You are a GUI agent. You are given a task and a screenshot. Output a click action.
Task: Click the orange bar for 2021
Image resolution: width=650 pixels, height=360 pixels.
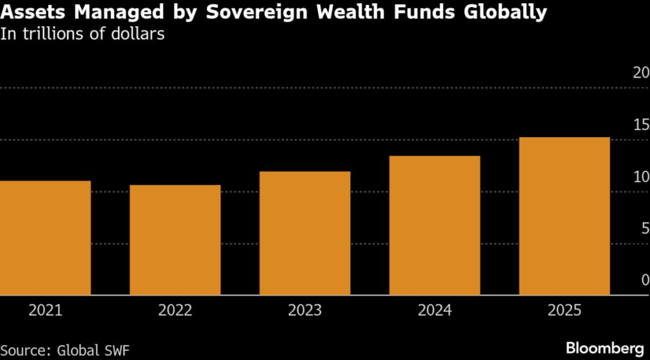click(x=45, y=238)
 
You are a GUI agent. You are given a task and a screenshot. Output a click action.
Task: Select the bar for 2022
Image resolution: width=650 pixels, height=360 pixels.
click(x=175, y=240)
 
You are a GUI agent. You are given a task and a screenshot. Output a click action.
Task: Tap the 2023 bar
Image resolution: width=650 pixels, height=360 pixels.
click(x=305, y=233)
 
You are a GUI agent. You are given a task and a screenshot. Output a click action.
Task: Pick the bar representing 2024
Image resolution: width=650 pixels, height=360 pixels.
click(x=435, y=225)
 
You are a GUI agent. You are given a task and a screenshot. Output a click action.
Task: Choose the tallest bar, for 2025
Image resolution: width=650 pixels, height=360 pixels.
click(x=564, y=216)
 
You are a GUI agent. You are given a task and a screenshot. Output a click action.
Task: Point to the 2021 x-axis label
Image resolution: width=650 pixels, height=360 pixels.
click(x=45, y=310)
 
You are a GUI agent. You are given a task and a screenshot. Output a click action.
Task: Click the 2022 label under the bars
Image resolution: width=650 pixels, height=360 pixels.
click(x=175, y=310)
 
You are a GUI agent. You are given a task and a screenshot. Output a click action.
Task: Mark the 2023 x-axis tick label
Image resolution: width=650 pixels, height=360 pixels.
click(x=305, y=310)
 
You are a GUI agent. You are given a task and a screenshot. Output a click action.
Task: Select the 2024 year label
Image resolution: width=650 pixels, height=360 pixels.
click(x=435, y=310)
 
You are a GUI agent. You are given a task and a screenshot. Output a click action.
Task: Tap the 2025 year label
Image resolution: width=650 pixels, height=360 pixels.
click(x=564, y=310)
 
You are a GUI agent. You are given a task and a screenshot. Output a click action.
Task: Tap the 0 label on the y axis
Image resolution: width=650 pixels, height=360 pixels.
click(x=644, y=280)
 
